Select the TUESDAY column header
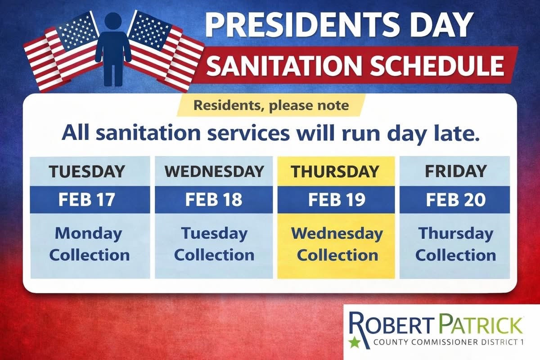(x=87, y=171)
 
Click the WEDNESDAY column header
(x=214, y=171)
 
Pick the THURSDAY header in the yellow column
(x=335, y=171)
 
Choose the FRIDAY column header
(x=455, y=171)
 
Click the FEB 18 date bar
(x=214, y=199)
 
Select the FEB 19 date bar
(x=336, y=199)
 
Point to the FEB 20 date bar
(x=455, y=199)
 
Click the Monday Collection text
(x=89, y=244)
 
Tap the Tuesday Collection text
(x=214, y=244)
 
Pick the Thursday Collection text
(x=455, y=244)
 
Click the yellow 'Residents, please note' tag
(x=271, y=106)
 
